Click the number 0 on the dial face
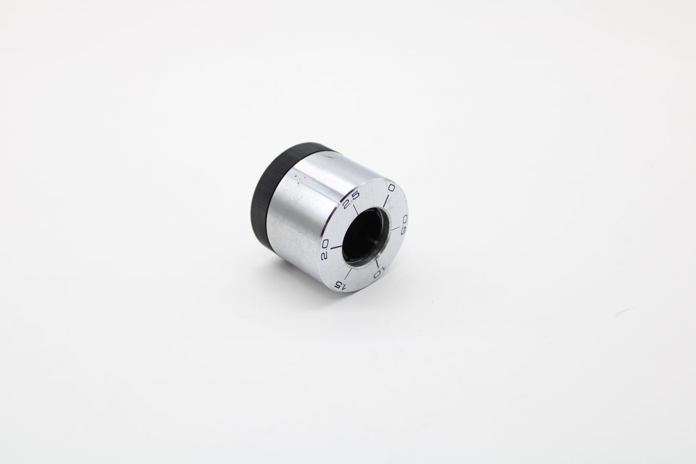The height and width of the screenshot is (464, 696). click(x=392, y=188)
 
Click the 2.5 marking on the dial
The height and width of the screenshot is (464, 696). click(x=351, y=199)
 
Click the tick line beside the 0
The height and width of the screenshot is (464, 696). click(x=386, y=201)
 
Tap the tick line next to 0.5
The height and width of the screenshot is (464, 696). click(x=395, y=228)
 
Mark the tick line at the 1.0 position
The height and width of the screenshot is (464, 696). click(x=377, y=264)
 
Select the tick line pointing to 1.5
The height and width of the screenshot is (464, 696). click(x=348, y=274)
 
